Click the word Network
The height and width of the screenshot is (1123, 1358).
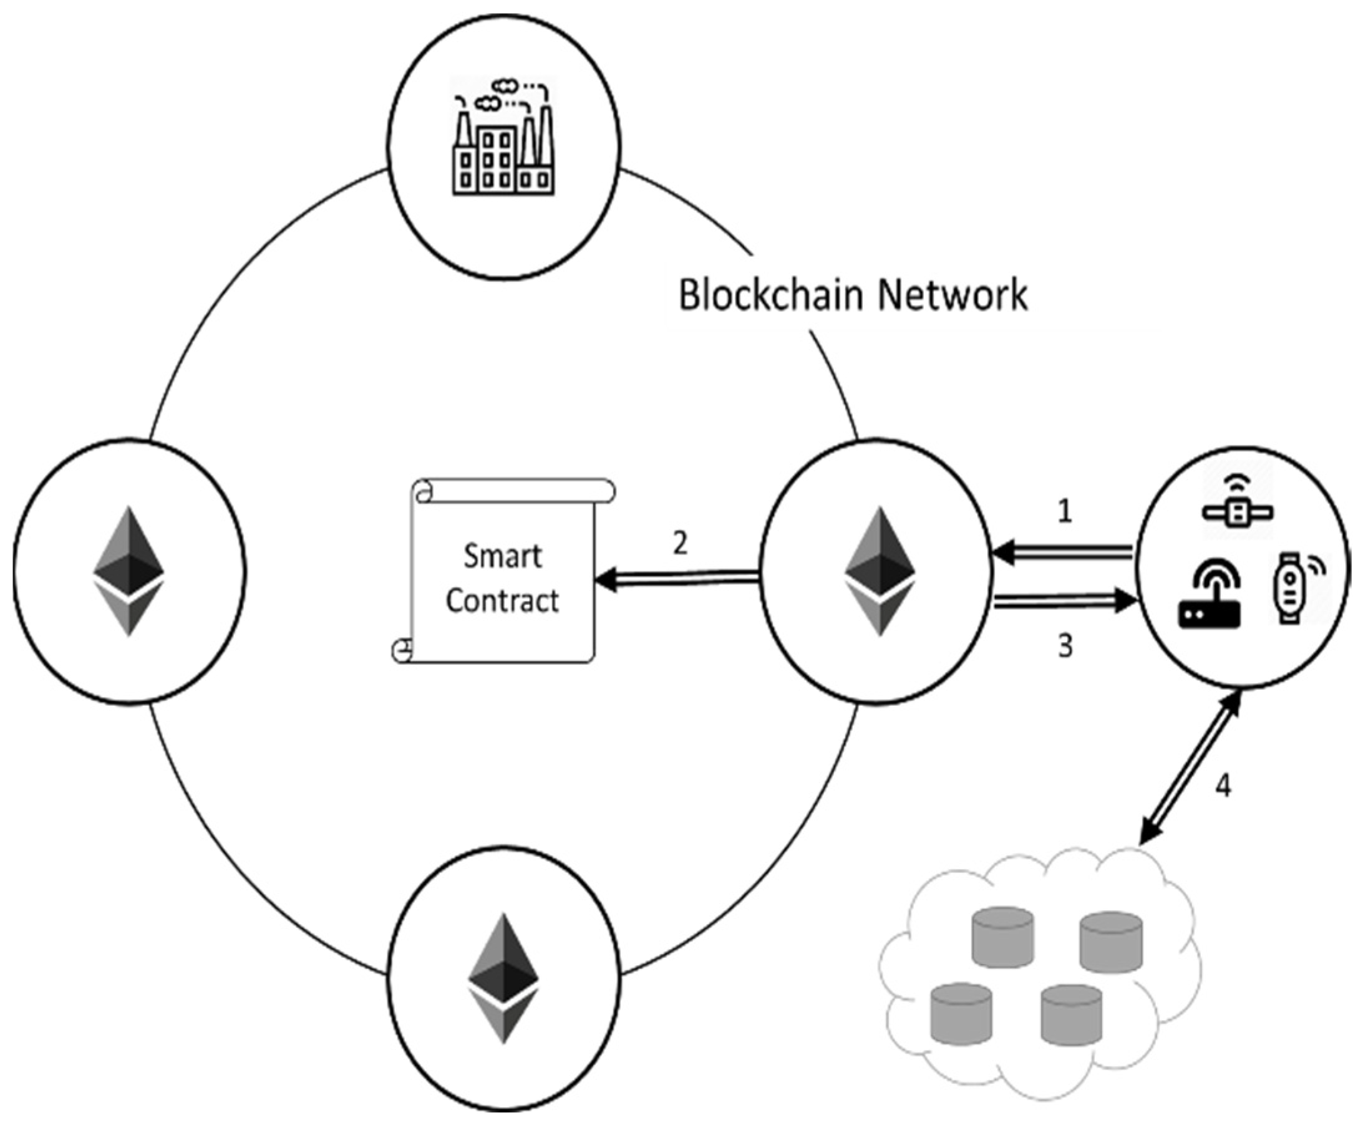952,295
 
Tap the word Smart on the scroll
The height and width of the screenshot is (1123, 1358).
502,557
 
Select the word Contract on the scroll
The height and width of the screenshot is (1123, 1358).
502,601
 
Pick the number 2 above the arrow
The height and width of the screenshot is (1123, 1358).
680,544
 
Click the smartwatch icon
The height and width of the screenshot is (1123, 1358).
1290,587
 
